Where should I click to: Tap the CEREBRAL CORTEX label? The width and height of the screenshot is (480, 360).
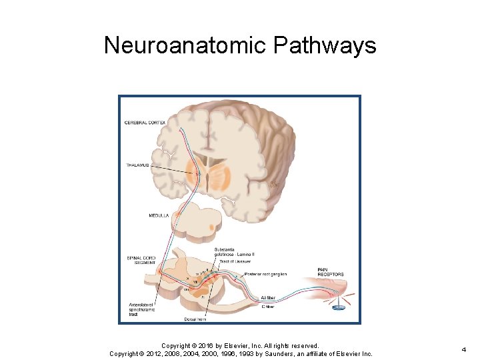pyautogui.click(x=145, y=122)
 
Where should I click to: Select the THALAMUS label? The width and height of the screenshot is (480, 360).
pyautogui.click(x=137, y=165)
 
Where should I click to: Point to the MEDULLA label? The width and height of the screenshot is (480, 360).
pyautogui.click(x=159, y=215)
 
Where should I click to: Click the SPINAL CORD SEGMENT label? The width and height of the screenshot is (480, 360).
pyautogui.click(x=141, y=261)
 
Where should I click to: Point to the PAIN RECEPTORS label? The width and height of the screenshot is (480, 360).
pyautogui.click(x=331, y=272)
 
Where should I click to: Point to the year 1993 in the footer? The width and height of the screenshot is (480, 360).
pyautogui.click(x=251, y=353)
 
